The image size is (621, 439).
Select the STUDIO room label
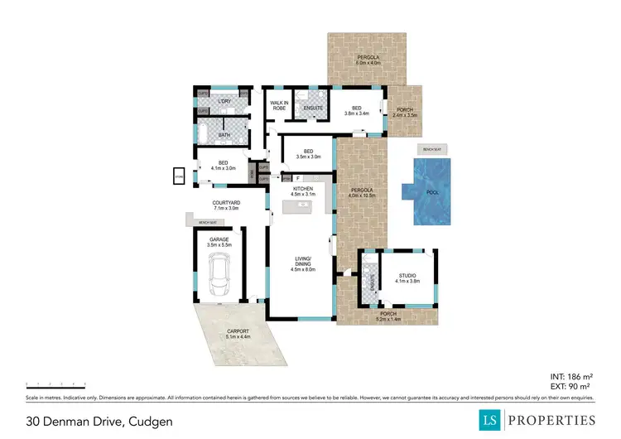(407, 277)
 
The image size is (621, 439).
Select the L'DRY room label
(224, 101)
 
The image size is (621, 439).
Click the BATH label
(224, 135)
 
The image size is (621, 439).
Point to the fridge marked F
(297, 178)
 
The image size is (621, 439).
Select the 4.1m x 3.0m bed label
(224, 166)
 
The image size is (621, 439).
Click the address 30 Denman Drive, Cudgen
(99, 421)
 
